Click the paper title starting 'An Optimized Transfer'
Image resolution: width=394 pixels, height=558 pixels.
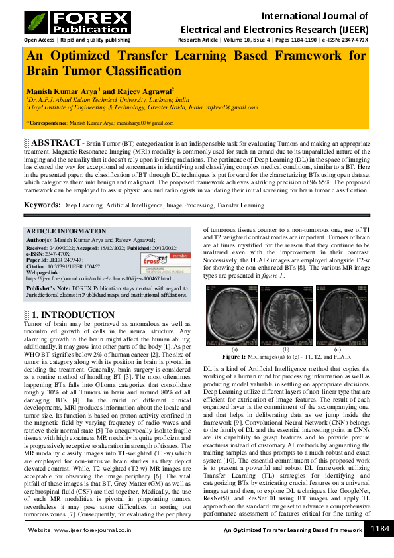click(197, 64)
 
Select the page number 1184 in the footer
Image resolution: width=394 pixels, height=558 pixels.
click(379, 547)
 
